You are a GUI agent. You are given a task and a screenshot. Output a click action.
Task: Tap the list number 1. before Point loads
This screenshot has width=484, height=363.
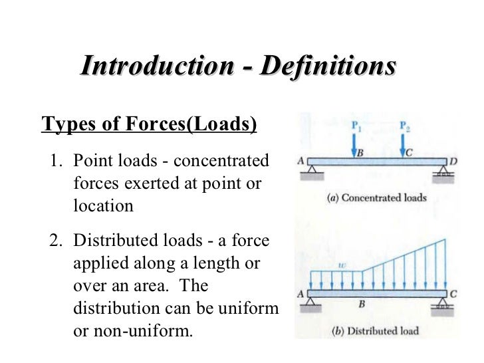tap(57, 162)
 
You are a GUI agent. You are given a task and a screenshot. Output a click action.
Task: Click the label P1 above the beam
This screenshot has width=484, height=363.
tap(357, 125)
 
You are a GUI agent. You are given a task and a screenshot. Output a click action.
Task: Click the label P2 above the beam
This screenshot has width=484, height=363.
tap(406, 125)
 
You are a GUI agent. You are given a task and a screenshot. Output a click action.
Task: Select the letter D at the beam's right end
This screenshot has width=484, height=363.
tap(453, 161)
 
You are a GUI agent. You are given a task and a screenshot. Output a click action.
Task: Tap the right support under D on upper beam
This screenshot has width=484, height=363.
tap(442, 173)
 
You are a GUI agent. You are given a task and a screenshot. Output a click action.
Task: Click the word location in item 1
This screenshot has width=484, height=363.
tap(103, 205)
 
